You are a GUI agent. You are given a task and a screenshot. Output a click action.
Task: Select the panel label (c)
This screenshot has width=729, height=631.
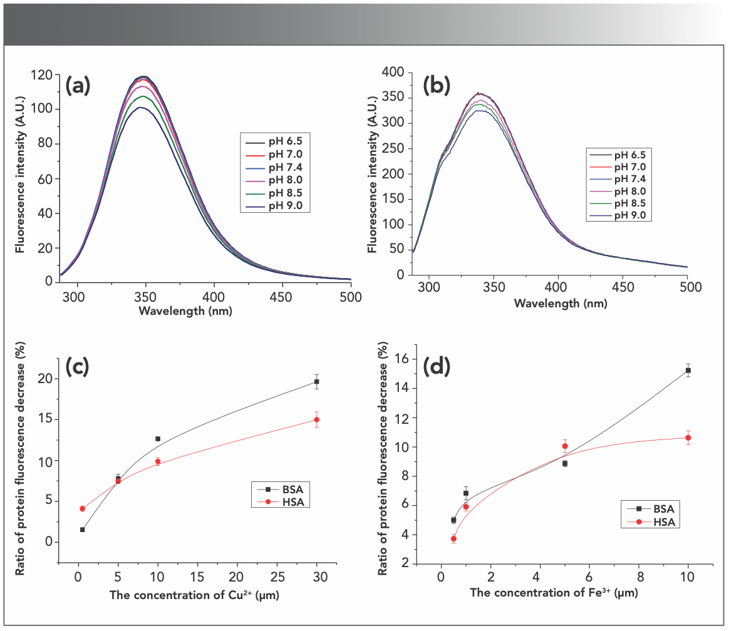pyautogui.click(x=78, y=367)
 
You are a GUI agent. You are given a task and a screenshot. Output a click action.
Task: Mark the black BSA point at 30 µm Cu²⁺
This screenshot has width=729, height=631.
pyautogui.click(x=317, y=381)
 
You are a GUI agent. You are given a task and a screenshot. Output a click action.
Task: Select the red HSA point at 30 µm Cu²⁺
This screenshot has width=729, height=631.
pyautogui.click(x=317, y=419)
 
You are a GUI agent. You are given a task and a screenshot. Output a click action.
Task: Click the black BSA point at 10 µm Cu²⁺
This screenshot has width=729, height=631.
pyautogui.click(x=158, y=439)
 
